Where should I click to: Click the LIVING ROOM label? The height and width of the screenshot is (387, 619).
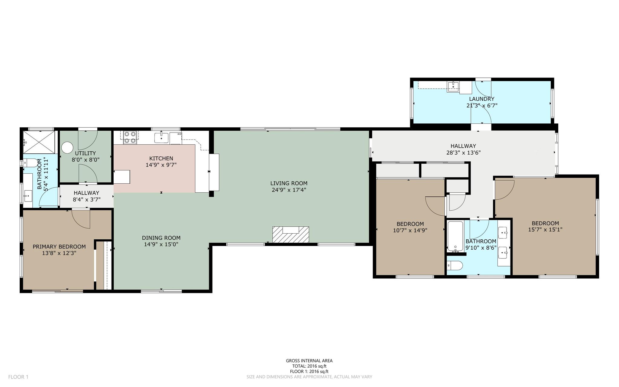click(x=289, y=183)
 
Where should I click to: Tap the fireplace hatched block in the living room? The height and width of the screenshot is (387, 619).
click(x=291, y=234)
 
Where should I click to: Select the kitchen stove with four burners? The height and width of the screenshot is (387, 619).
click(x=130, y=137)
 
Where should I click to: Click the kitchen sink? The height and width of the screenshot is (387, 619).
click(x=162, y=137)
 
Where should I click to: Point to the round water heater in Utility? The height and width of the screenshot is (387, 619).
click(x=67, y=148)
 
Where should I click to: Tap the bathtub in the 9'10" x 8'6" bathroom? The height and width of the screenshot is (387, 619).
click(x=455, y=237)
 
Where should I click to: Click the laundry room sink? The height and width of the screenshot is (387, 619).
click(x=453, y=86)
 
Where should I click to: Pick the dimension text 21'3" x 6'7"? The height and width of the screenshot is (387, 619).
click(x=482, y=106)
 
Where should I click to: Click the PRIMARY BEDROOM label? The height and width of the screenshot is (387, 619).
click(x=59, y=247)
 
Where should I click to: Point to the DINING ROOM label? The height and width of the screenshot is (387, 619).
click(x=161, y=238)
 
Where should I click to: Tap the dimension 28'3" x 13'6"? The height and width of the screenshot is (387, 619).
click(x=463, y=153)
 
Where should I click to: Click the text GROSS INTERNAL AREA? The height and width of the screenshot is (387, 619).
click(x=309, y=360)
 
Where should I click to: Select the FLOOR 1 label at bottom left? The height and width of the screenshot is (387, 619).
click(x=18, y=377)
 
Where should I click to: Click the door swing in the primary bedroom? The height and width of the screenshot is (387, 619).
click(x=81, y=219)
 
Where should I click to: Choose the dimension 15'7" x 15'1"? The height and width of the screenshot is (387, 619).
click(x=545, y=229)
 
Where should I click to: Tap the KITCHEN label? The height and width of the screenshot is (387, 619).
click(x=161, y=158)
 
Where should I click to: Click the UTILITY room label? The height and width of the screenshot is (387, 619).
click(x=85, y=153)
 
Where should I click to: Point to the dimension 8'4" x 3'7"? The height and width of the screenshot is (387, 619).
click(x=87, y=199)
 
